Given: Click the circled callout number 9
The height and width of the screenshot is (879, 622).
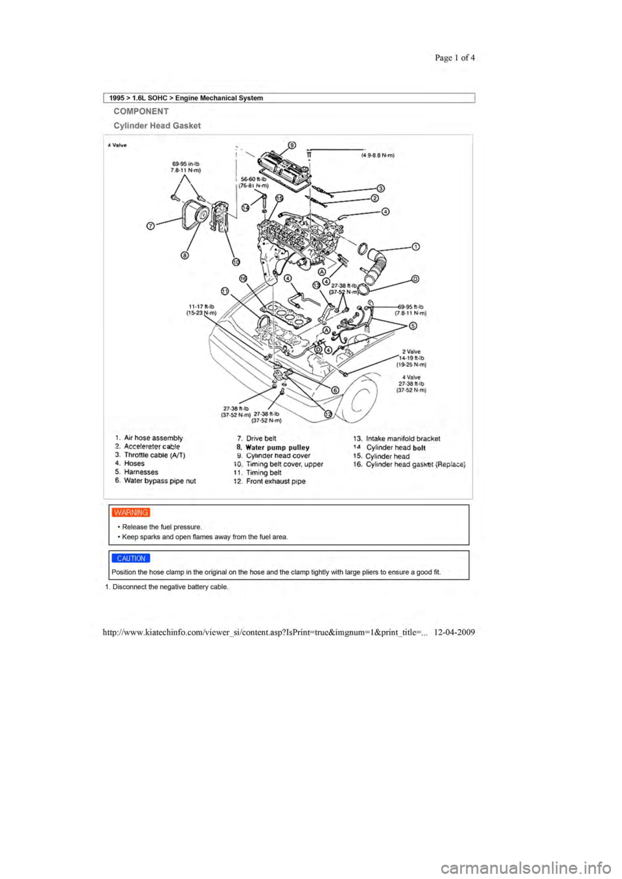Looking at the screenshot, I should pos(292,144).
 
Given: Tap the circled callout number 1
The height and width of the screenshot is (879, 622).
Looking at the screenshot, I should pos(415,247).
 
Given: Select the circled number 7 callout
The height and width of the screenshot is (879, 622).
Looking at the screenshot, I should pos(150,227).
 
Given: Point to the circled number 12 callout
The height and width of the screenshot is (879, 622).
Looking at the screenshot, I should pos(328,414).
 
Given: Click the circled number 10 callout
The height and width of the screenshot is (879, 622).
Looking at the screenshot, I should pos(236,261).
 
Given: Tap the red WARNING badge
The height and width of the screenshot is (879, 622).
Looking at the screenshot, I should pos(131,513).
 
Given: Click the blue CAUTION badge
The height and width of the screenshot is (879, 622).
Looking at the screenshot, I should pos(131,559).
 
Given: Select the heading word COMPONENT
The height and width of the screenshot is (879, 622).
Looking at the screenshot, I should pos(141,111).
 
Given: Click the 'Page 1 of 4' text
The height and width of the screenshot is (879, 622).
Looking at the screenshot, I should pos(455,58).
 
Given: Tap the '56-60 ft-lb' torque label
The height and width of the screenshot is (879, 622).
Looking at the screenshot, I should pos(254,179).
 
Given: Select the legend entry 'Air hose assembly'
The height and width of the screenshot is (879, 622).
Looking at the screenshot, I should pos(154,438).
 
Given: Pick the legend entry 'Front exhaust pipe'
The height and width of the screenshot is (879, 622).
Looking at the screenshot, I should pos(276,482).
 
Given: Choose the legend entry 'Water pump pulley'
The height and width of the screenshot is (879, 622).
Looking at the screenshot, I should pos(277,447).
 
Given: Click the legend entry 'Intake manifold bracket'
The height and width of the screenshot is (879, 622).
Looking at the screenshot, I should pos(403,439).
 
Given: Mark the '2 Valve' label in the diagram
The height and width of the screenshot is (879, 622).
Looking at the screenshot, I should pos(411,352).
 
